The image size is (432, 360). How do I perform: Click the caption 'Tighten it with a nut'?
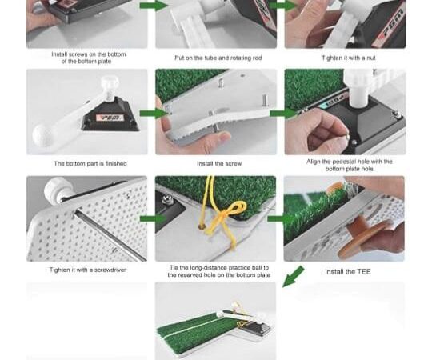[349, 58]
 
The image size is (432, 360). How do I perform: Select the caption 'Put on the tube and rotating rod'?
[218, 58]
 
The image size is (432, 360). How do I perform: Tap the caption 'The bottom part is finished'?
[90, 164]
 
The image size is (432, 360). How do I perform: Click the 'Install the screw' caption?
[219, 164]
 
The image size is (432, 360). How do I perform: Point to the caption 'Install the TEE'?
[348, 272]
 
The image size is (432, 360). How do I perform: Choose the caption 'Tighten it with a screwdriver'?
[88, 270]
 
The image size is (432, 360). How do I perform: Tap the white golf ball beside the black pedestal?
[42, 135]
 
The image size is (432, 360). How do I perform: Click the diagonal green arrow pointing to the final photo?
[293, 277]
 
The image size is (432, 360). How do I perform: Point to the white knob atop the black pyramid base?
[110, 82]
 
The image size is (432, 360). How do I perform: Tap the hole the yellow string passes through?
[202, 227]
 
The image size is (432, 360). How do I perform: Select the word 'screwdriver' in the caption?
[110, 270]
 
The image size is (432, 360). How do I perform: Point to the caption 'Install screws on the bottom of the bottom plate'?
[89, 58]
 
